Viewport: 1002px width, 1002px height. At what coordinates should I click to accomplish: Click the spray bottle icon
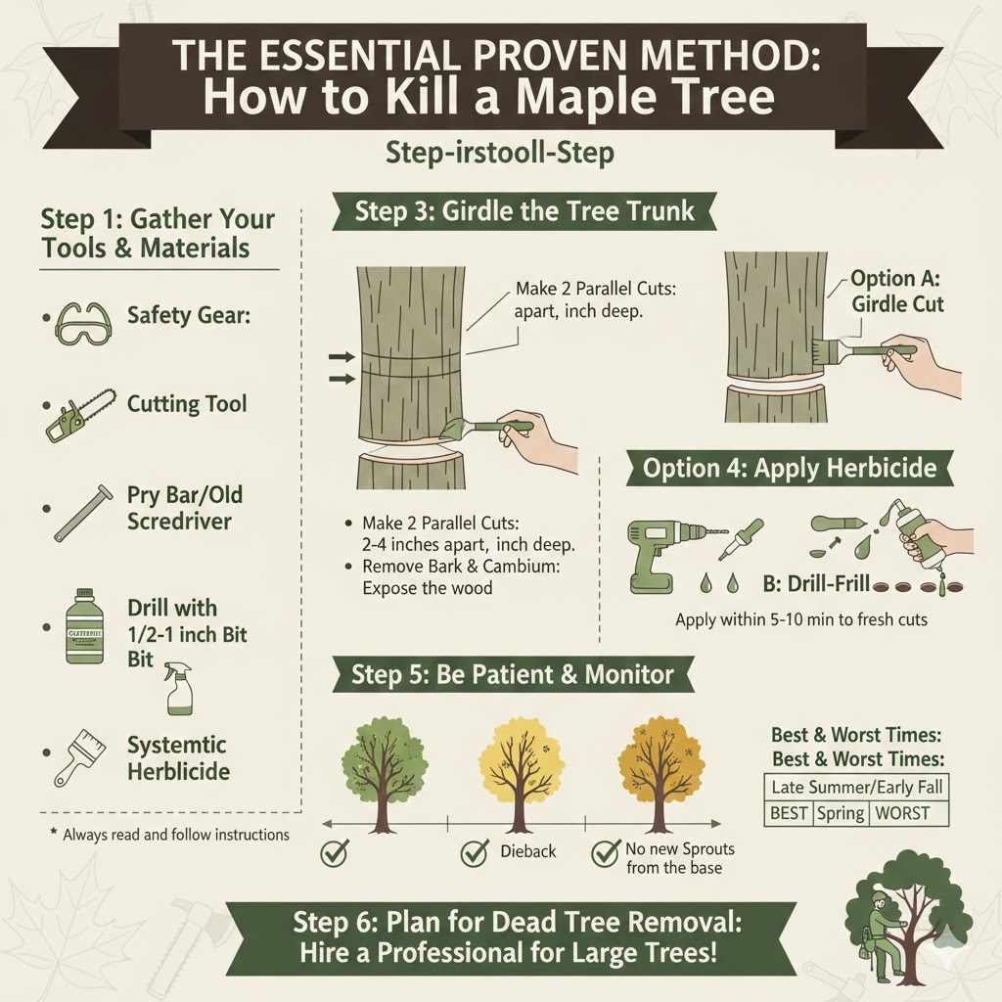pos(180,686)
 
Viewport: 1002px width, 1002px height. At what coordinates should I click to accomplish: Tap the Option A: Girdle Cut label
pos(896,291)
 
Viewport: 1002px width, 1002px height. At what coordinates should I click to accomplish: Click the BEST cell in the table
pos(788,812)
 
